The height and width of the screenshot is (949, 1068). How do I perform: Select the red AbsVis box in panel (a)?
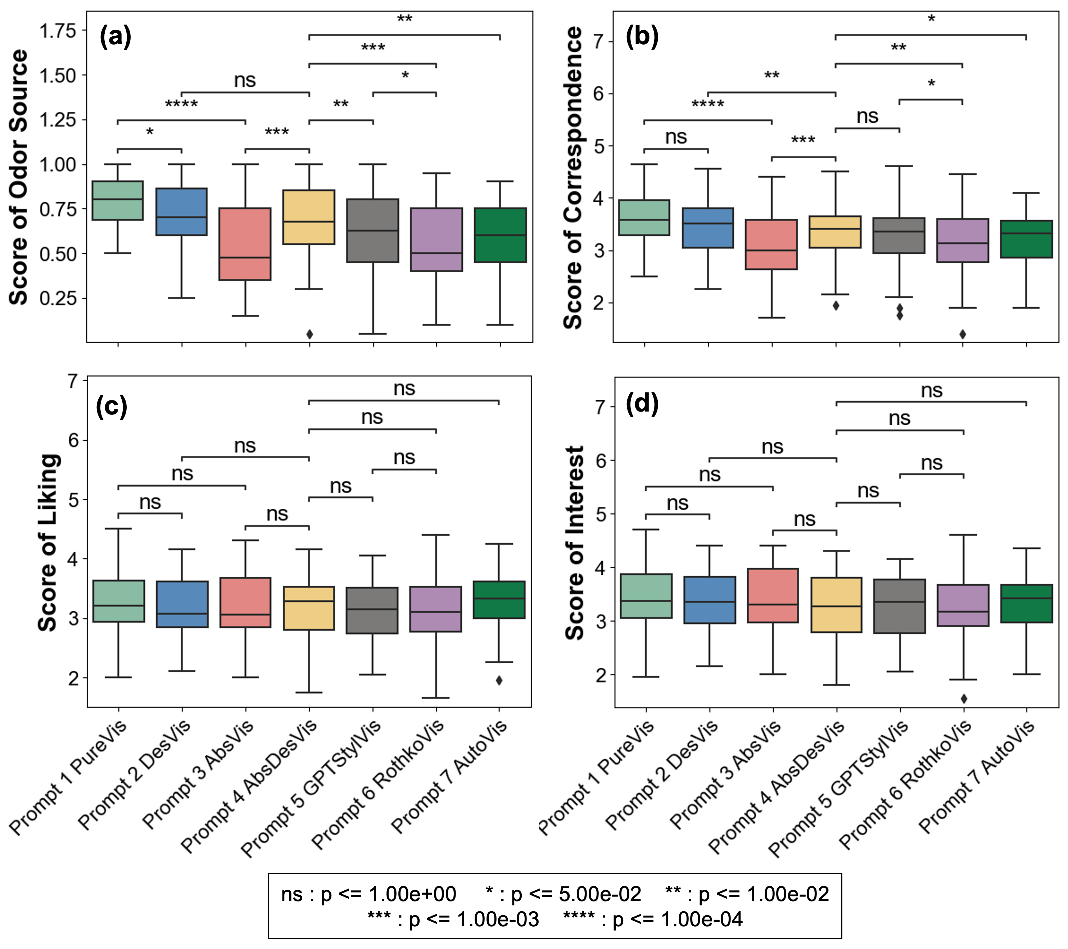(245, 244)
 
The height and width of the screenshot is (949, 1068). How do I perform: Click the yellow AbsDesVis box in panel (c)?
(309, 608)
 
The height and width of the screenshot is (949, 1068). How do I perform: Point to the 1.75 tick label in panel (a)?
(58, 31)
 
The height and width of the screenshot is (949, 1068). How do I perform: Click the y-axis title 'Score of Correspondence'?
(573, 178)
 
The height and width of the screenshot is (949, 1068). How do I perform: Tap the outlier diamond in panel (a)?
(309, 334)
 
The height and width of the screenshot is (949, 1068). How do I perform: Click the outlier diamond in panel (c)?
(499, 680)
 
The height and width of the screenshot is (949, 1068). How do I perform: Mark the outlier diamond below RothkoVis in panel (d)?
(964, 698)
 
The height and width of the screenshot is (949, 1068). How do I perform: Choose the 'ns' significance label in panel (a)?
(245, 81)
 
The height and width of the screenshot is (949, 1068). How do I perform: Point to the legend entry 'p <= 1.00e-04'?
(653, 919)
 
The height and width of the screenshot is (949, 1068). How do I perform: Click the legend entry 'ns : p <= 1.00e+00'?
(368, 894)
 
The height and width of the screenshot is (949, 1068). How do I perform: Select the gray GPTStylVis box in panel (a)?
(372, 230)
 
